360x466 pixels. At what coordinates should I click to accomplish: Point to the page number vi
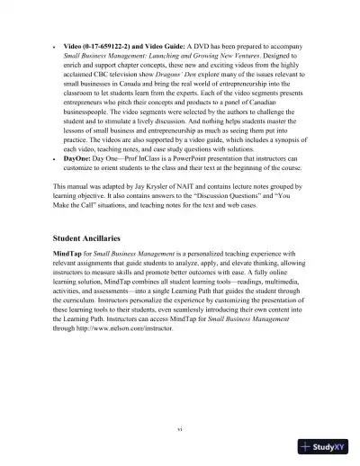coord(180,429)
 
